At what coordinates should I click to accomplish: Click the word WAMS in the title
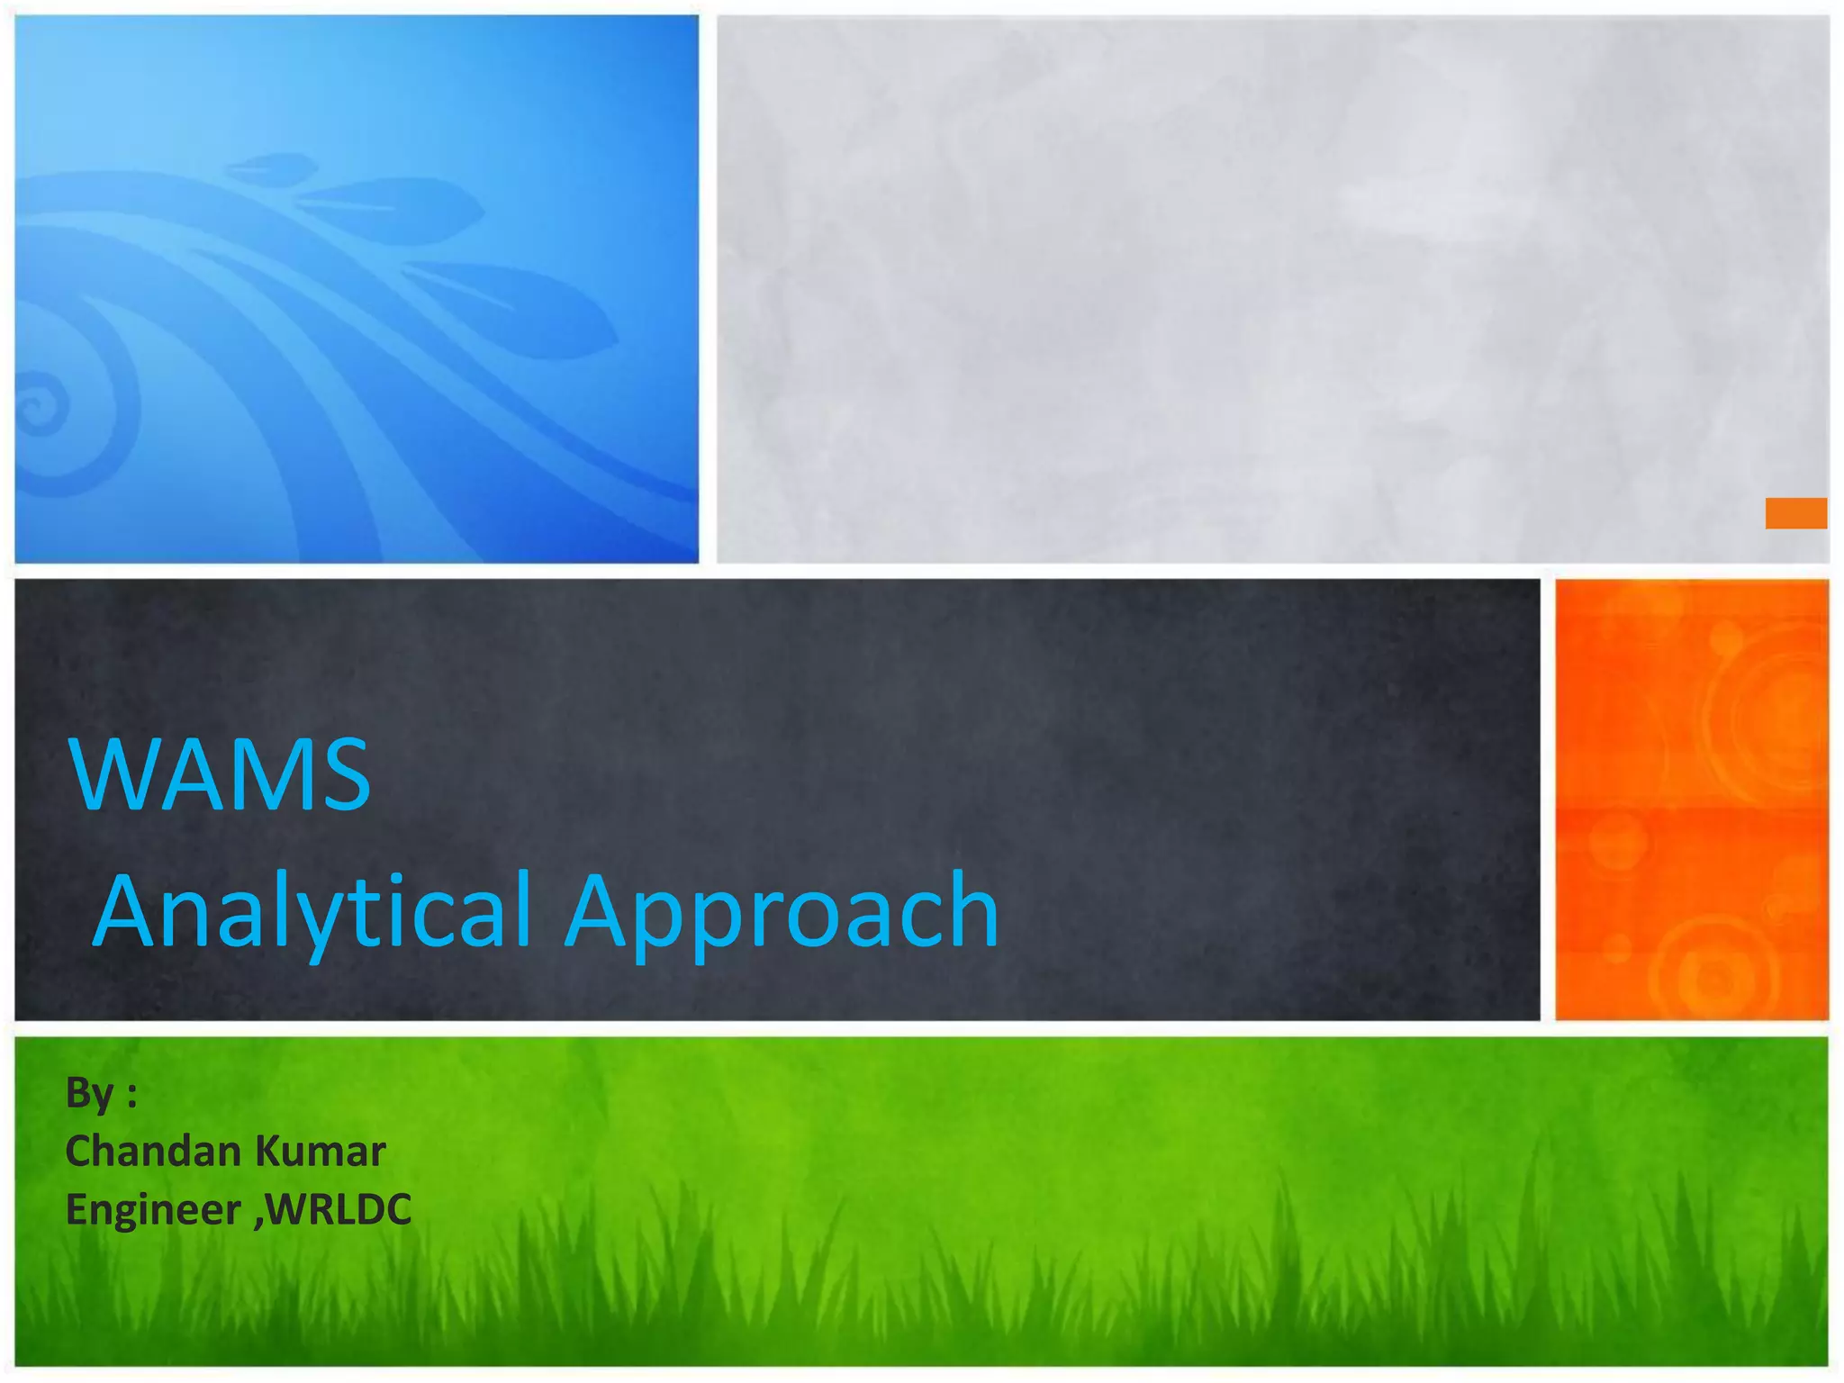pyautogui.click(x=220, y=774)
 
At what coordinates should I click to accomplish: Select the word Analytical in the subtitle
pyautogui.click(x=312, y=911)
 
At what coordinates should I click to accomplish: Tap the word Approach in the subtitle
pyautogui.click(x=782, y=911)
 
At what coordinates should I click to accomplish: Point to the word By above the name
pyautogui.click(x=89, y=1095)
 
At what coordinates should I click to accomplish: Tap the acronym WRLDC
pyautogui.click(x=339, y=1208)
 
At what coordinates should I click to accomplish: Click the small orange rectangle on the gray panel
pyautogui.click(x=1795, y=513)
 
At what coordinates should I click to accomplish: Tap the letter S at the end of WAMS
pyautogui.click(x=346, y=774)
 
